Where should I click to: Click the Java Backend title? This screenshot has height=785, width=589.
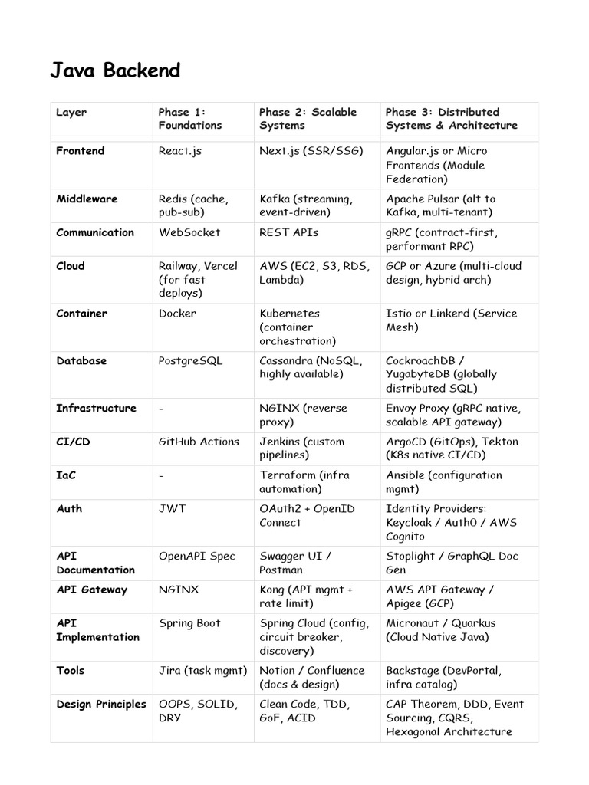[115, 71]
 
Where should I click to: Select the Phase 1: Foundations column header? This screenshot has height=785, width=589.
[189, 119]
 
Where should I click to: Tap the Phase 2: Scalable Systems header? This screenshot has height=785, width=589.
[308, 119]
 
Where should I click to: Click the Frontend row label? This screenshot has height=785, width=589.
[80, 151]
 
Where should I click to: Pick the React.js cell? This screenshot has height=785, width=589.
[179, 151]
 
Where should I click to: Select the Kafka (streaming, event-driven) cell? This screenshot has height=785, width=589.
[305, 205]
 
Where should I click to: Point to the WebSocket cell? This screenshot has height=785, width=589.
[189, 232]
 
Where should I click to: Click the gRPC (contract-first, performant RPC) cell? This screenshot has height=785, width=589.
[441, 239]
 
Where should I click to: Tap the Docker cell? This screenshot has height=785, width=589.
[177, 314]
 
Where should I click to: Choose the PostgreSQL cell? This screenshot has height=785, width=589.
[190, 361]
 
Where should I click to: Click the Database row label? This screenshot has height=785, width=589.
[81, 361]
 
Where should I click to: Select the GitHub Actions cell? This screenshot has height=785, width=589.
[198, 442]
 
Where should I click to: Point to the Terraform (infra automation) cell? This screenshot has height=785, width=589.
[304, 482]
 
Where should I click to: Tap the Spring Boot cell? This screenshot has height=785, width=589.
[189, 623]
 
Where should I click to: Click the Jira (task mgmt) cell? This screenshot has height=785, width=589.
[202, 671]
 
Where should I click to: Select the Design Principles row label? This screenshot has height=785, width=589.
[101, 705]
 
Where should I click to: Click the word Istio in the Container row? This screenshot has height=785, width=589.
[400, 314]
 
